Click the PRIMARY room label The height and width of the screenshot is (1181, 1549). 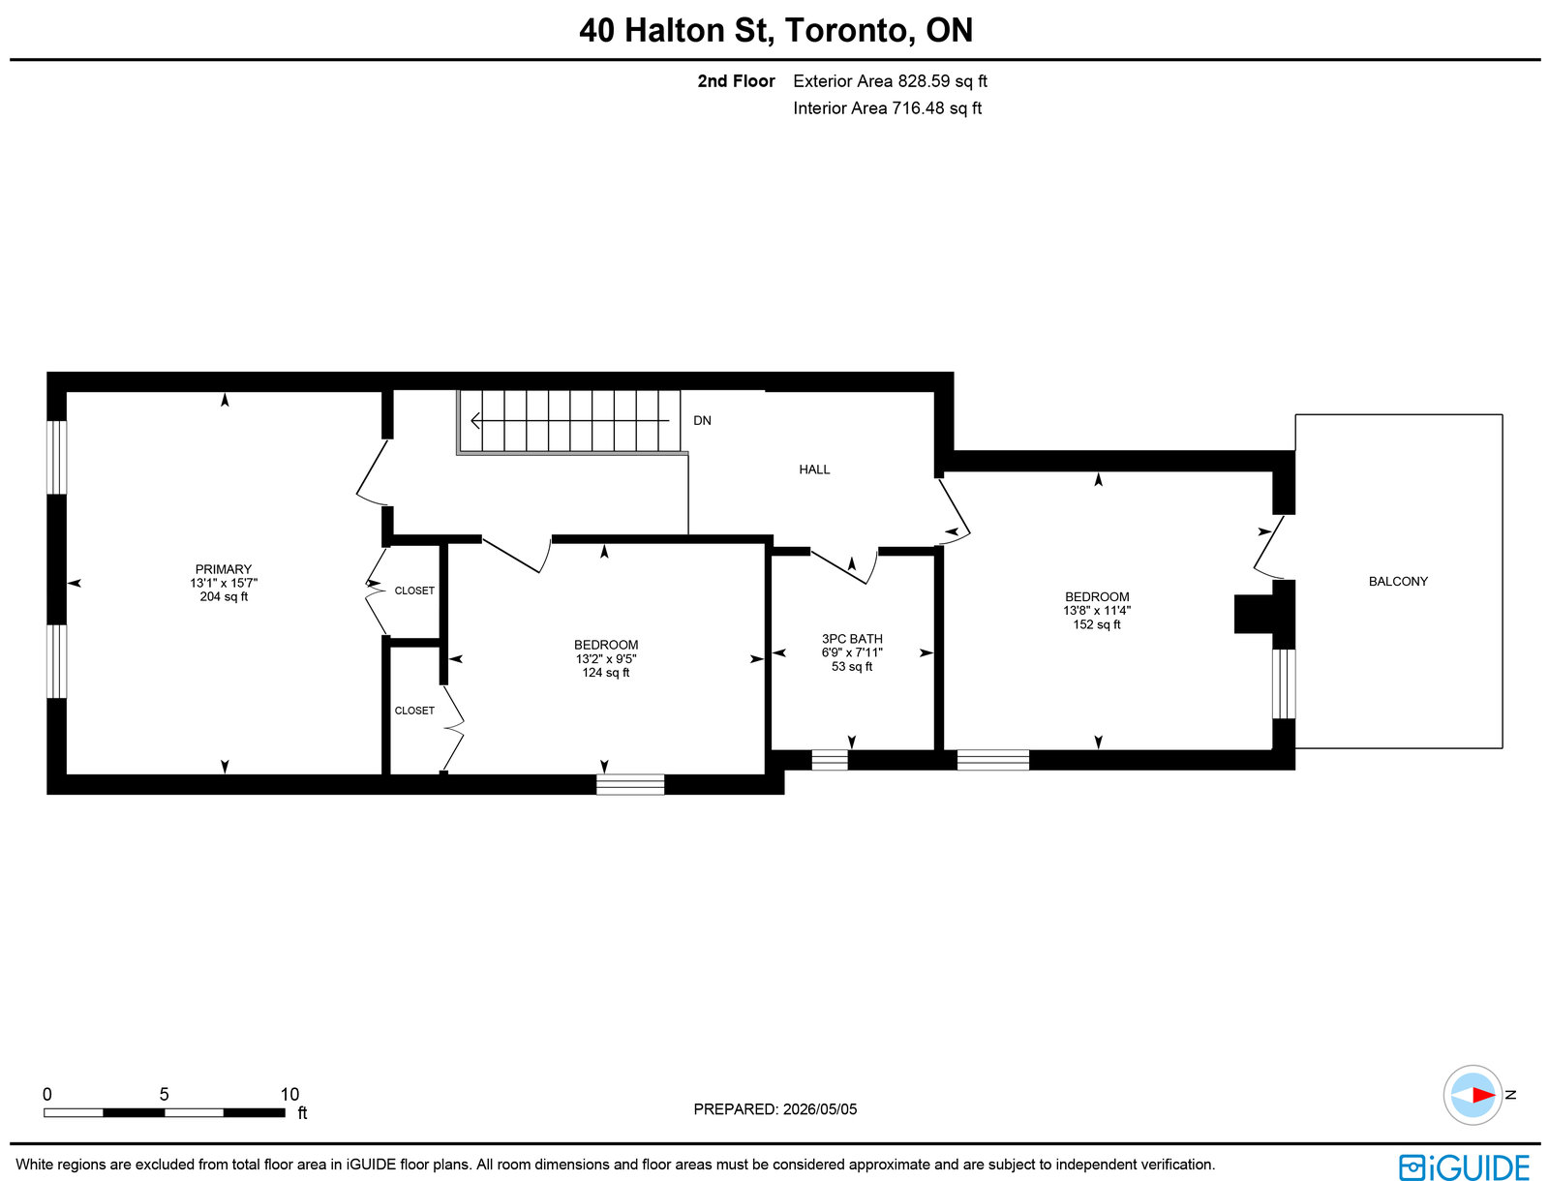click(x=223, y=569)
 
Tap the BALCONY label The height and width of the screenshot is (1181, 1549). click(x=1397, y=582)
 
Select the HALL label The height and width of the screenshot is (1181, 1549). click(x=813, y=469)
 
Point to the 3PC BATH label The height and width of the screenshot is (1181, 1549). click(x=852, y=639)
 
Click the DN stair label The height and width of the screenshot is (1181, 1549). click(x=702, y=420)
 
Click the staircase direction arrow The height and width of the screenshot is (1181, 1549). click(x=569, y=421)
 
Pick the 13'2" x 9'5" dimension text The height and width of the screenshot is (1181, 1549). click(x=605, y=659)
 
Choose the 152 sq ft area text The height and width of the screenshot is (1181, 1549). click(x=1097, y=624)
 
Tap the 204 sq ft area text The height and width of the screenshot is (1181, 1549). click(x=224, y=597)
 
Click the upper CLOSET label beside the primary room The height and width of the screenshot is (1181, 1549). click(x=414, y=590)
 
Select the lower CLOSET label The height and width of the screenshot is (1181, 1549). click(x=414, y=711)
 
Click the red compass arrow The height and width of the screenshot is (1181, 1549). click(x=1482, y=1095)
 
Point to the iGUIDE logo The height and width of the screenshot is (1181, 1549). click(x=1465, y=1166)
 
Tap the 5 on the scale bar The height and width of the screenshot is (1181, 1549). click(x=164, y=1094)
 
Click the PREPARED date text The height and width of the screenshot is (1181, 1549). click(x=774, y=1109)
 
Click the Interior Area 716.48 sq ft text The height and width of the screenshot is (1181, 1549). click(x=887, y=108)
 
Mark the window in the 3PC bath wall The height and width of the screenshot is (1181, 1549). click(x=829, y=760)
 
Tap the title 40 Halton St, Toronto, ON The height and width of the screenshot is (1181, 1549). click(x=775, y=30)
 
